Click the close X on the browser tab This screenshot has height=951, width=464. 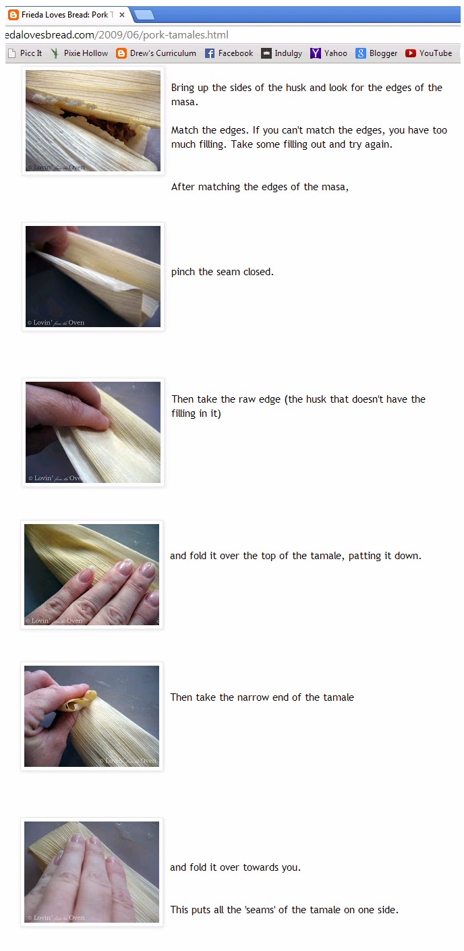[122, 15]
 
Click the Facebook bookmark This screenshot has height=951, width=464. [229, 53]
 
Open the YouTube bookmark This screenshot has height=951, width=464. [428, 53]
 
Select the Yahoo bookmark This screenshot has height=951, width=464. [328, 53]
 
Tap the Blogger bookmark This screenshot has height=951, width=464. [376, 53]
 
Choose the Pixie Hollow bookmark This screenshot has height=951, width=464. [79, 53]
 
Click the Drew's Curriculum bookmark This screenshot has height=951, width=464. [156, 53]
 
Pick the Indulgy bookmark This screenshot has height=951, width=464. [281, 53]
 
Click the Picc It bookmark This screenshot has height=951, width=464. [25, 53]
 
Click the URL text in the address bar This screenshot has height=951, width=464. [117, 35]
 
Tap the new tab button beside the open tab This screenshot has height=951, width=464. [144, 16]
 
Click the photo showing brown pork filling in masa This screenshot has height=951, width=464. [93, 121]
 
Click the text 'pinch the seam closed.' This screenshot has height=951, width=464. [223, 272]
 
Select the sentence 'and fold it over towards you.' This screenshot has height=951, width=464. [235, 867]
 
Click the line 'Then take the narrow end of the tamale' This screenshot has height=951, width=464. [262, 697]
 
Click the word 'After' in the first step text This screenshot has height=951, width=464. [183, 187]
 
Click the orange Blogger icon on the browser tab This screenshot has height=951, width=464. [13, 15]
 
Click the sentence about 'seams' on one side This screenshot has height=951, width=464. [285, 910]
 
